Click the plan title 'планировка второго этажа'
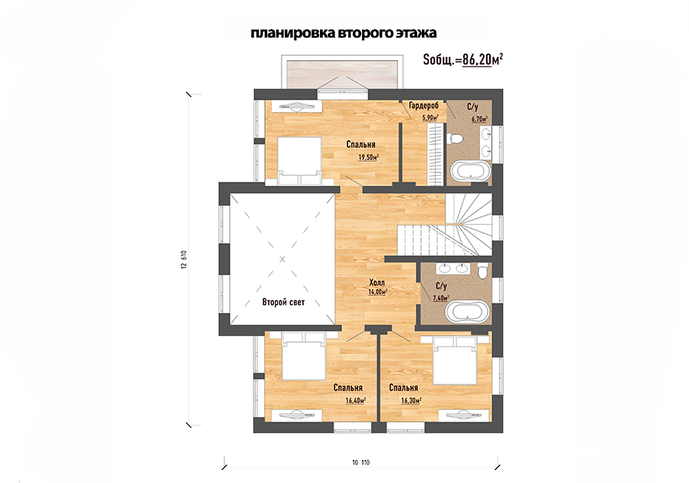(x=344, y=34)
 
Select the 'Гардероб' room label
(x=423, y=106)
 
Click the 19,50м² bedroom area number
(x=369, y=157)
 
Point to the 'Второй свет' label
(x=283, y=302)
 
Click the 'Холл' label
(x=377, y=282)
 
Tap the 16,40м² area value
(x=356, y=400)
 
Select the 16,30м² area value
(x=411, y=400)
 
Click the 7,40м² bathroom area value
(x=441, y=297)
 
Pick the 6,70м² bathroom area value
(x=479, y=118)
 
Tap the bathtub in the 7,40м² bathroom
(x=467, y=312)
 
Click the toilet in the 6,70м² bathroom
(x=455, y=139)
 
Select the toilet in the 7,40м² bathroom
(x=482, y=270)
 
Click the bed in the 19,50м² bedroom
(x=299, y=160)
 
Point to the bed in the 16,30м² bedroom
(x=456, y=360)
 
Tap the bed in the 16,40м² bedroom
(x=304, y=356)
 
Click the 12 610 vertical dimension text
(x=184, y=260)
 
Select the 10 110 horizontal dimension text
(x=361, y=462)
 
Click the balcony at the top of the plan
(x=342, y=73)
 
